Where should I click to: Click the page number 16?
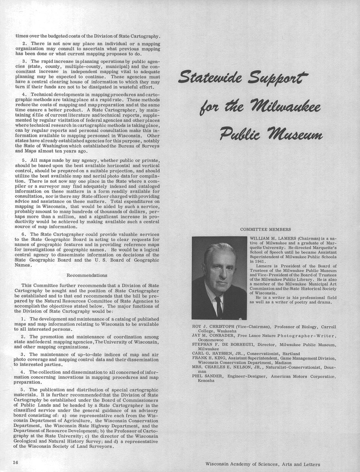15,462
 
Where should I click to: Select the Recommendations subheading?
87,275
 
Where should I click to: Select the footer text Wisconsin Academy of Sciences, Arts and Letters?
263,464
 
